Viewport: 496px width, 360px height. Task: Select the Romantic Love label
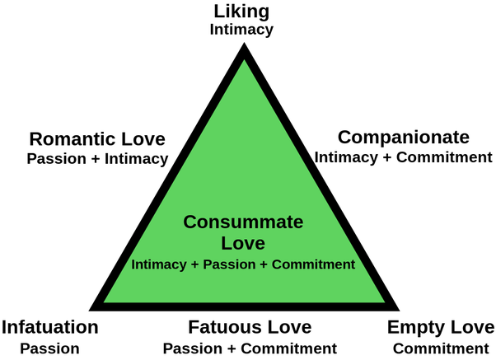(96, 138)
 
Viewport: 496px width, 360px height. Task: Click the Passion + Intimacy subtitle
(98, 157)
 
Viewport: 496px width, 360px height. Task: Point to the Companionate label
(404, 137)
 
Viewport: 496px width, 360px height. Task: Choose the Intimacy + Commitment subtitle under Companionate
(403, 156)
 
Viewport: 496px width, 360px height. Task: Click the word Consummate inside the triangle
(243, 222)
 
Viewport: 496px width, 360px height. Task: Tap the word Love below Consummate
(243, 243)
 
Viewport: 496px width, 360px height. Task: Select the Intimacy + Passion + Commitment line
(243, 264)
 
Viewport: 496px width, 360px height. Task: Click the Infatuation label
(50, 327)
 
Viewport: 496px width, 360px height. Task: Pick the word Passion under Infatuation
(50, 348)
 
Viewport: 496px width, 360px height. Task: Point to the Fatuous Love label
(250, 327)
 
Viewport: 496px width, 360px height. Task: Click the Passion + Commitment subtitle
(250, 348)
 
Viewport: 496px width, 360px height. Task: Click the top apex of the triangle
(243, 48)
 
